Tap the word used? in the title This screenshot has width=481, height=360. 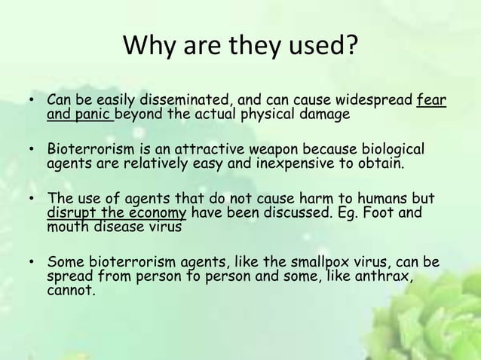point(318,50)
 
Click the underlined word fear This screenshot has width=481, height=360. point(431,100)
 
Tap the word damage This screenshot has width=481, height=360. point(326,114)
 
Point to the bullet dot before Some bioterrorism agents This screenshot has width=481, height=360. point(31,264)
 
